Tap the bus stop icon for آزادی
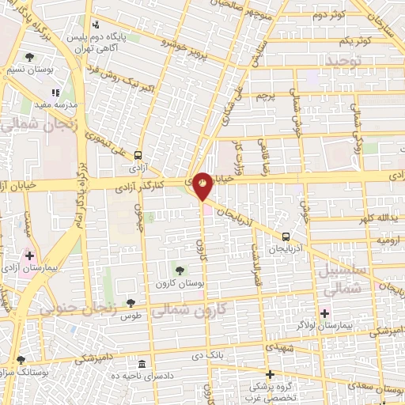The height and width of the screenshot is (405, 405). coord(138,156)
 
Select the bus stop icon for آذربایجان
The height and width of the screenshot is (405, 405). coord(286,236)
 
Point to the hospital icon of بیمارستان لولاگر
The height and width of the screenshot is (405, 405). coord(324,314)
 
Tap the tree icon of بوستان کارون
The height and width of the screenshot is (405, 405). coord(180,271)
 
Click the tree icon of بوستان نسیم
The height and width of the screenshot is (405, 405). coord(29,57)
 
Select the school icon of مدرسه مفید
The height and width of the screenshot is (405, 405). coord(55,93)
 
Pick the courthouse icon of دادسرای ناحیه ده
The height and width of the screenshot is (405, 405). coord(142,364)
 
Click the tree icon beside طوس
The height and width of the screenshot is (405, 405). coord(131,302)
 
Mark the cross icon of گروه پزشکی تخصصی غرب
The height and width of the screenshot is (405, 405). coord(270,375)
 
